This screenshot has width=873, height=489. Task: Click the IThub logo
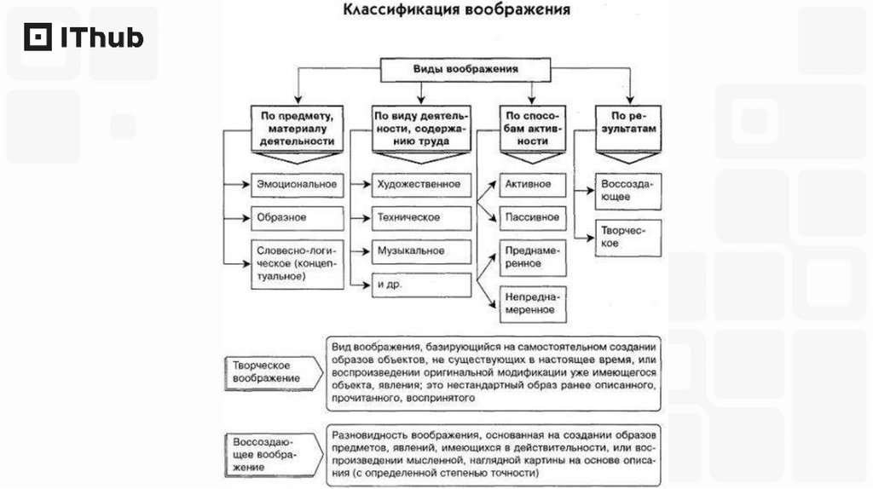(x=84, y=37)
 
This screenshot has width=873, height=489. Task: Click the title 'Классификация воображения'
(x=457, y=11)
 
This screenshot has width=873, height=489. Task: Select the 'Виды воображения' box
(x=465, y=70)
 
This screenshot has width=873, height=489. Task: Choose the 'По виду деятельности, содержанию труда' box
(x=421, y=128)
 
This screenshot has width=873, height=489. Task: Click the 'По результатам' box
(x=630, y=128)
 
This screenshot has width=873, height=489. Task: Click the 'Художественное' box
(x=421, y=184)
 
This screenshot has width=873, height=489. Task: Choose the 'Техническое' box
(x=421, y=218)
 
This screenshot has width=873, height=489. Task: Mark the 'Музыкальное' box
(x=421, y=252)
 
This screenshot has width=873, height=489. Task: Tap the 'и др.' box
(x=421, y=285)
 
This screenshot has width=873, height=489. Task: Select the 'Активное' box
(x=533, y=184)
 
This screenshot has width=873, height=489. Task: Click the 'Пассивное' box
(x=533, y=217)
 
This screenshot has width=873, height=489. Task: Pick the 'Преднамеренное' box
(x=533, y=257)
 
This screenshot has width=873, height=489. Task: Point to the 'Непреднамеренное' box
(x=533, y=303)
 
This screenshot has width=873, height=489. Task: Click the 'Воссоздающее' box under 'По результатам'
(x=629, y=190)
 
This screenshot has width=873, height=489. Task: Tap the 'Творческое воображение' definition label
(x=269, y=370)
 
